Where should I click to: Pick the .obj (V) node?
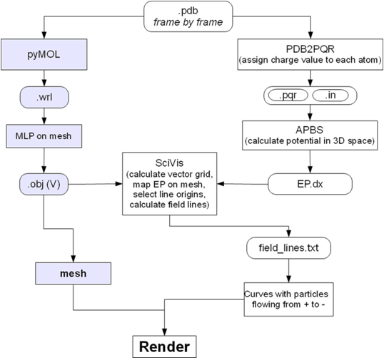44,183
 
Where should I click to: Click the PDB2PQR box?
311,56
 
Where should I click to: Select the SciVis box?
168,183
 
